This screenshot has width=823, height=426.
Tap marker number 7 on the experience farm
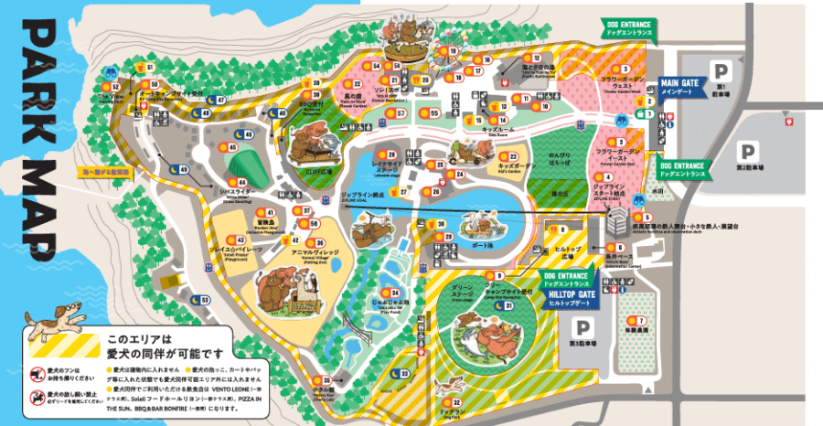(641, 321)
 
